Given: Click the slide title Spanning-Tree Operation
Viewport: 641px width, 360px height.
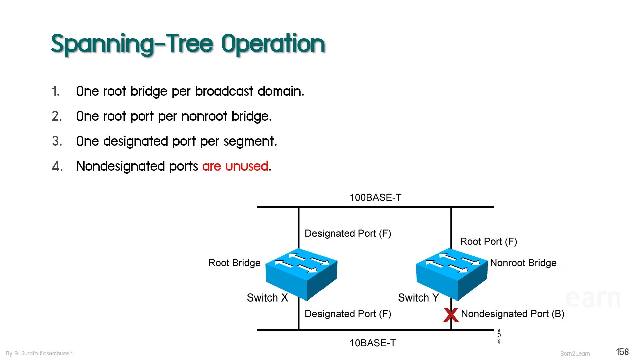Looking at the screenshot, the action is tap(188, 44).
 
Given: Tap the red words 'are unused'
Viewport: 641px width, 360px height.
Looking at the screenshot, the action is tap(235, 166).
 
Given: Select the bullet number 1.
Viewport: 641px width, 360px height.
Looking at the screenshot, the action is tap(56, 91).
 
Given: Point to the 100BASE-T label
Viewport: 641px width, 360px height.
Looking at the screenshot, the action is tap(375, 197).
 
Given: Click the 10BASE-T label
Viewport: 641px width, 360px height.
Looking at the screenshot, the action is tap(373, 343).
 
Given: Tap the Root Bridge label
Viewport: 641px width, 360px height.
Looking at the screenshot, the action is tap(234, 263).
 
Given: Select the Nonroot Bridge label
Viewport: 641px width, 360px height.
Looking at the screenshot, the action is tap(523, 263).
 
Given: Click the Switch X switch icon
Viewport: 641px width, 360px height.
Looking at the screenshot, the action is tap(301, 274).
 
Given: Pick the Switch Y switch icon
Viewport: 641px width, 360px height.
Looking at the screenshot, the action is tap(452, 274).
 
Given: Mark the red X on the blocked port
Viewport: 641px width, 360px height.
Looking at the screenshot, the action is tap(451, 315).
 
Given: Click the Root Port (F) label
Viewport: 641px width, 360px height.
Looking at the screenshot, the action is tap(488, 241).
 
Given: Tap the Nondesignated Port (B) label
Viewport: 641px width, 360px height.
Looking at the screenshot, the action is tap(513, 314).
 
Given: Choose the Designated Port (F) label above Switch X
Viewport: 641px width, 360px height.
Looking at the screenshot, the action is tap(348, 233).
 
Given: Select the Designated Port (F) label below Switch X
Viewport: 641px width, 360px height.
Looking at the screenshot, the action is tap(348, 314).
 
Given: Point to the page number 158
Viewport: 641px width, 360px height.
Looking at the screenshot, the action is tap(622, 352).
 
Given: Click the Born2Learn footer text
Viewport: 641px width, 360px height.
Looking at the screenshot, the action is tap(575, 354).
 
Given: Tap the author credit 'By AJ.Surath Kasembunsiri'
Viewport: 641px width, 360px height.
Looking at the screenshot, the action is tap(39, 353).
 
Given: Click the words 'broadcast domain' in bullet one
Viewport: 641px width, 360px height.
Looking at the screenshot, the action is tap(250, 91).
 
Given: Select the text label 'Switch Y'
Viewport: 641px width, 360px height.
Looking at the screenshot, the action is tap(418, 298).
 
